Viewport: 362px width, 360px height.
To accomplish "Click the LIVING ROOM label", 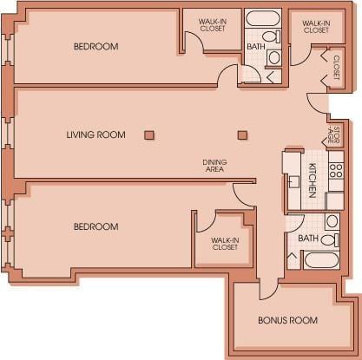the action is tap(96, 134).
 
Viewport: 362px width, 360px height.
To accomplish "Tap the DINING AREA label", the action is tap(214, 166).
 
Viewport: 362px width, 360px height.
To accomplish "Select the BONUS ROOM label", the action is tap(288, 320).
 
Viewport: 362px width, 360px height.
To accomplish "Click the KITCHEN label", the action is tap(313, 180).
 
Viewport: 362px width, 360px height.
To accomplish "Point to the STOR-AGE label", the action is tap(333, 134).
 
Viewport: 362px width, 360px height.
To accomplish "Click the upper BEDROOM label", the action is tap(96, 46).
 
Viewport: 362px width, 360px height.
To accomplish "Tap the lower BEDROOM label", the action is tap(96, 226).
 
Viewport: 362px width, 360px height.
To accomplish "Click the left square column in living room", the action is tap(149, 135).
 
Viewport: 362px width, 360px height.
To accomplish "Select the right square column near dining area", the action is tap(242, 135).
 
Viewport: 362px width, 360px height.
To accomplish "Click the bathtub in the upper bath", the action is tap(263, 18).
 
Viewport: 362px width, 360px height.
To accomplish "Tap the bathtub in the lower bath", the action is tap(321, 260).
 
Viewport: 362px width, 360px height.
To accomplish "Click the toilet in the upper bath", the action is tap(272, 36).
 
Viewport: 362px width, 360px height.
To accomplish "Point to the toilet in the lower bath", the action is tap(330, 240).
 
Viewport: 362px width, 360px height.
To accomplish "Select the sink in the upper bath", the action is tap(274, 57).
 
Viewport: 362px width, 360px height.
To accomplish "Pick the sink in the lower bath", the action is tap(332, 221).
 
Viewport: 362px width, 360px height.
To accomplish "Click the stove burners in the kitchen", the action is tap(336, 171).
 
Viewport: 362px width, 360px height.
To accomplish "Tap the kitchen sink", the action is tap(293, 182).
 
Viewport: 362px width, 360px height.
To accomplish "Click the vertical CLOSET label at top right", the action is tap(336, 68).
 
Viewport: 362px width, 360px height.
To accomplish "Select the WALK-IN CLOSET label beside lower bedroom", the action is tap(225, 244).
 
